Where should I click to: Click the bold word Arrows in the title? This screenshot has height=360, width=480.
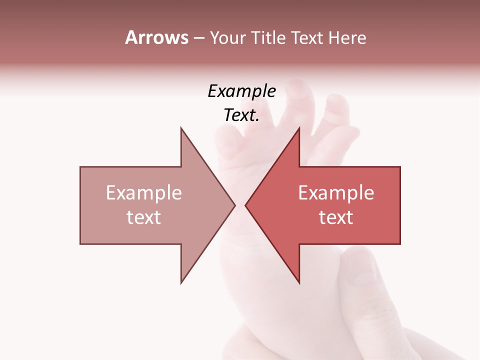click(x=156, y=37)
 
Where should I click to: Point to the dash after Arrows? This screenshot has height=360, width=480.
click(x=198, y=38)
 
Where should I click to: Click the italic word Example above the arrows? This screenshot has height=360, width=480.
click(x=241, y=91)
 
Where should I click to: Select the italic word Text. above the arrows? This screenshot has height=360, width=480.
click(x=241, y=115)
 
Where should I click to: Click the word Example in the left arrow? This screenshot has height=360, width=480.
click(x=144, y=193)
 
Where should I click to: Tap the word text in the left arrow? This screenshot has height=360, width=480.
click(x=144, y=217)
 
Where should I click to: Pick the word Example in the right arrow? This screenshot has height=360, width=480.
click(x=336, y=193)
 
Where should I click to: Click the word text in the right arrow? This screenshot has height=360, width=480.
click(x=336, y=217)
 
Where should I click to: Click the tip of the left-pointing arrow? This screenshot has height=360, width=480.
click(x=246, y=205)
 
